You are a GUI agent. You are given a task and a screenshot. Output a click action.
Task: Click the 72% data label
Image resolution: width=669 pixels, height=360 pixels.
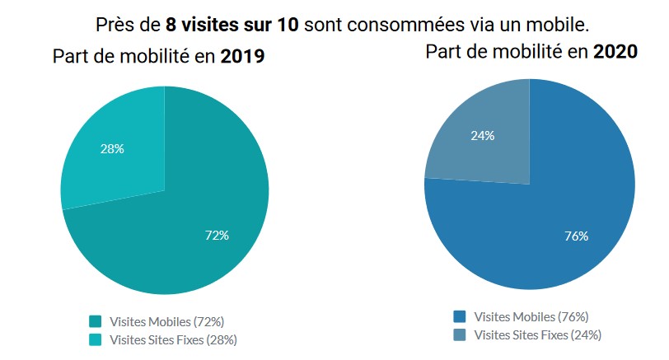coord(217,236)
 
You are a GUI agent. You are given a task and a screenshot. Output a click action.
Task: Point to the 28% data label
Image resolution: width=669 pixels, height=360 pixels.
coord(111,149)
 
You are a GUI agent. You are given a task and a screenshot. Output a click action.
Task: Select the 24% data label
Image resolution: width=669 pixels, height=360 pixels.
coord(482,136)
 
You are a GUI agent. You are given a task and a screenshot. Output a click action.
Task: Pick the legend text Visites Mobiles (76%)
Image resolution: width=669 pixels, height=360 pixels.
coord(531,317)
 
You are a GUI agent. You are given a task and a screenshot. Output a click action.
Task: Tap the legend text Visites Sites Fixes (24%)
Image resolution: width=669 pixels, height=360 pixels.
coord(538,334)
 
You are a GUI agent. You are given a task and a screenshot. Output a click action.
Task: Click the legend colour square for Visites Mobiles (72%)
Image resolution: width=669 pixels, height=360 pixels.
coord(95,321)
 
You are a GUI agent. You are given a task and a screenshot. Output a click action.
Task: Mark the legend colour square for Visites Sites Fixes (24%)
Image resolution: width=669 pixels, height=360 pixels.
coord(460,334)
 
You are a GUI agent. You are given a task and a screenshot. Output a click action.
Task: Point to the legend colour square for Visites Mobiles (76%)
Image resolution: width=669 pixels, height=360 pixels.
coord(460,317)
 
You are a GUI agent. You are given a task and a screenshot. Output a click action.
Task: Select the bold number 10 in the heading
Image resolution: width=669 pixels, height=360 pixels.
coord(288,22)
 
